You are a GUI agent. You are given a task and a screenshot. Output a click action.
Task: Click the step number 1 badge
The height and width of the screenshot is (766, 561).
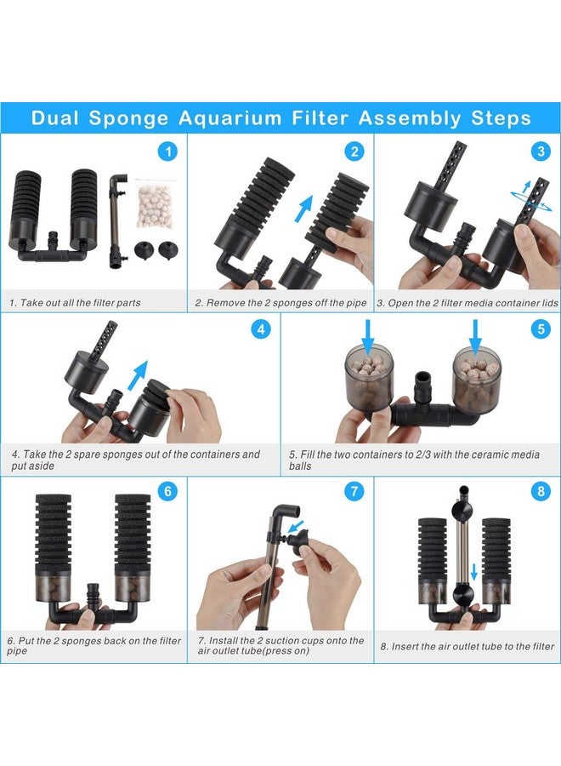click(168, 152)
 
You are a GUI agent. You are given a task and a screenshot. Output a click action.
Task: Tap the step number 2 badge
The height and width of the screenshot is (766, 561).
click(354, 152)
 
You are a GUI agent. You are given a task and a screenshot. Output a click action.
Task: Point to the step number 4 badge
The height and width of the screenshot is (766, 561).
click(261, 329)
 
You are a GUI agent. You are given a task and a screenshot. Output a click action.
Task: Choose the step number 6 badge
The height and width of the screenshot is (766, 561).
click(168, 492)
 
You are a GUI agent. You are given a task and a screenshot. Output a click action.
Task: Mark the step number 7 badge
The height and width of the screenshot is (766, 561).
click(354, 492)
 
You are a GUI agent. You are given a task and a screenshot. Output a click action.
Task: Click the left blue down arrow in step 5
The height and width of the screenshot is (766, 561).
click(367, 335)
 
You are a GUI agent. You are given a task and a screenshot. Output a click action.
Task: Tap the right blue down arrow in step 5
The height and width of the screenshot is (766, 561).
click(475, 335)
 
